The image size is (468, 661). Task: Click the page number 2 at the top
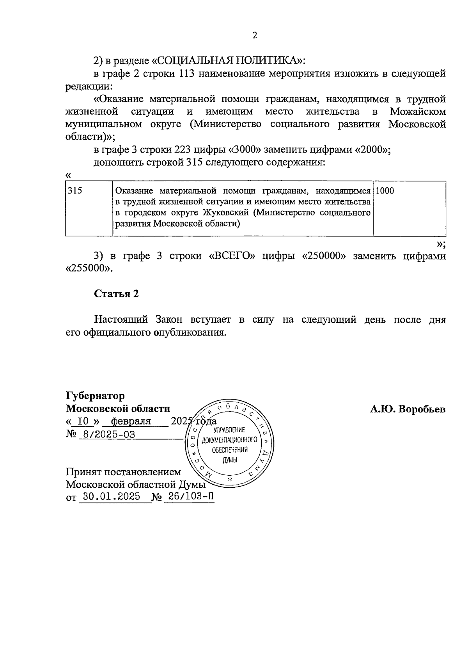(x=255, y=36)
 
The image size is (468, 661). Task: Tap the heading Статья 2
(x=116, y=294)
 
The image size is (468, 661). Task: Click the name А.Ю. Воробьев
(x=408, y=409)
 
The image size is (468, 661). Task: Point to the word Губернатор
(x=95, y=396)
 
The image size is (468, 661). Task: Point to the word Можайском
(x=418, y=112)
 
